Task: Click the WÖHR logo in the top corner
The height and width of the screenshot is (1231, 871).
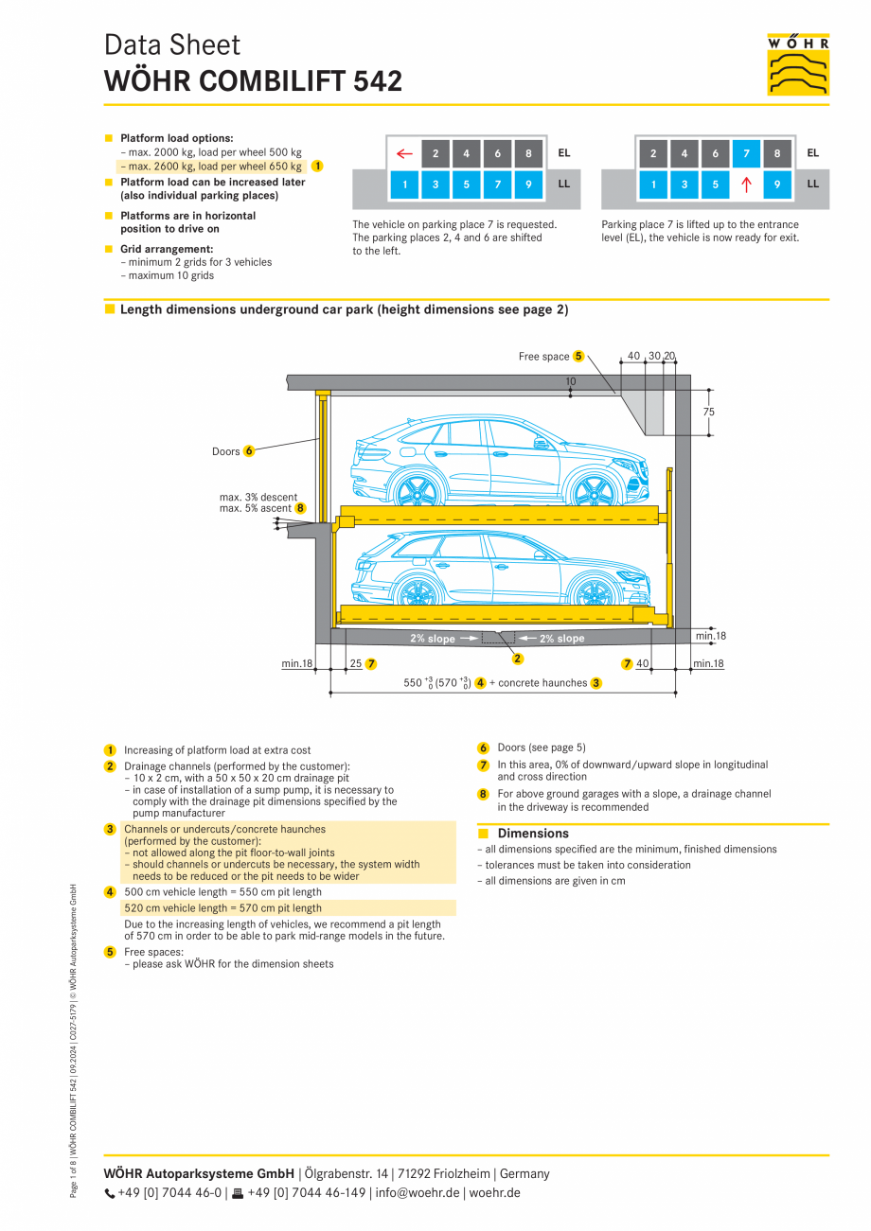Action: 798,64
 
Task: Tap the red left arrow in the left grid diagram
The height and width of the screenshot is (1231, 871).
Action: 405,153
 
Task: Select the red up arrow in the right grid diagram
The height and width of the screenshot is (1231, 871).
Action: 746,185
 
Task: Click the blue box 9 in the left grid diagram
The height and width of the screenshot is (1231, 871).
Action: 528,185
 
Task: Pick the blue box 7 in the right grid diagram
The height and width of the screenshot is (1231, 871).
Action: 746,153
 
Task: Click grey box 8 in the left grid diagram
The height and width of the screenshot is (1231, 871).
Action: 528,153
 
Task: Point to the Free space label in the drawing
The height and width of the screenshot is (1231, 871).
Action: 543,357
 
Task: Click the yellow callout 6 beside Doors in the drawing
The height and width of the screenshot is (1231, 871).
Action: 249,451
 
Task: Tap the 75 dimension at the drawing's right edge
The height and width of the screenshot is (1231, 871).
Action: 709,412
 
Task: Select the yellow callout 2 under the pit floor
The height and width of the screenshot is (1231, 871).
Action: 518,659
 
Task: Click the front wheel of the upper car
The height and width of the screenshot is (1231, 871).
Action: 592,490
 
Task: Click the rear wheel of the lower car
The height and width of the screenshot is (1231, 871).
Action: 417,592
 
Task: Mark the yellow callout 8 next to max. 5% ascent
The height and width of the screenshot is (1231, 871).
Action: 300,508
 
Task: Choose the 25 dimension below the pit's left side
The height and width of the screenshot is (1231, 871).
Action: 356,664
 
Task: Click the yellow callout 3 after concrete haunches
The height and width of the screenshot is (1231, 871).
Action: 596,683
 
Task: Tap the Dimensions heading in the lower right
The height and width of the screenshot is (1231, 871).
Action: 533,834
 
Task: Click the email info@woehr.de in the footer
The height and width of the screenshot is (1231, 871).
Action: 417,1192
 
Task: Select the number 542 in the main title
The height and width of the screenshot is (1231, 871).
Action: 378,81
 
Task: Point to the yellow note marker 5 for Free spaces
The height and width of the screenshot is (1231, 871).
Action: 110,952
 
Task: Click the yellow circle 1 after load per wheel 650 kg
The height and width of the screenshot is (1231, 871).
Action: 317,166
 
